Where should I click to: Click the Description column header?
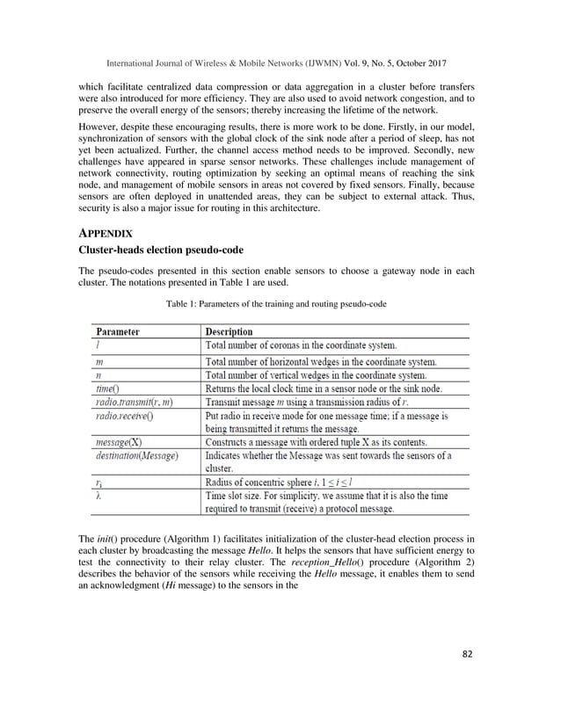click(229, 332)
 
